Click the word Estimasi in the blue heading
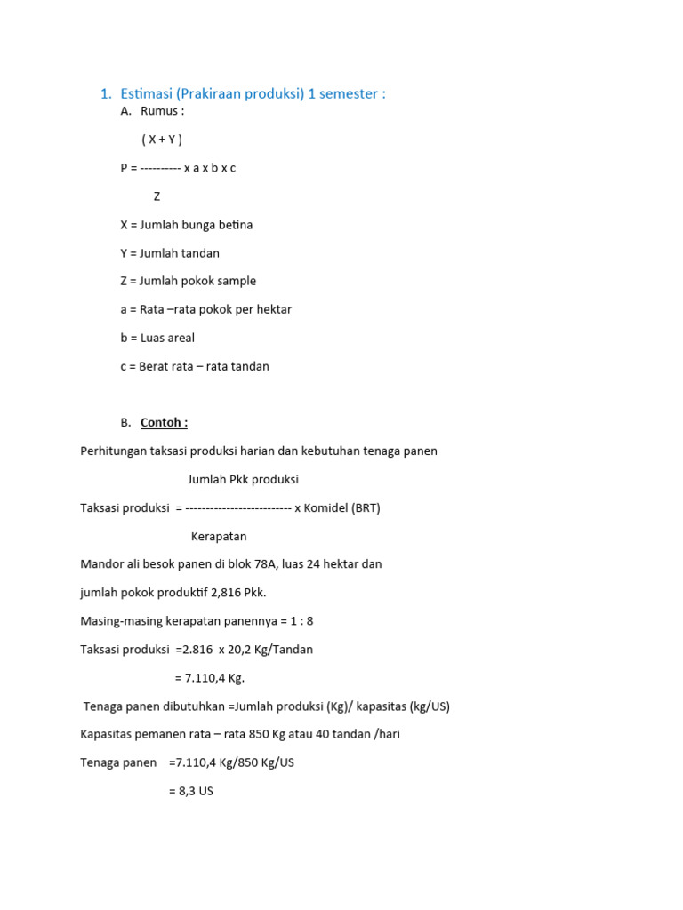click(147, 93)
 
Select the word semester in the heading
click(350, 93)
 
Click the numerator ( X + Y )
click(162, 140)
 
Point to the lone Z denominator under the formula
click(157, 196)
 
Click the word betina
click(236, 225)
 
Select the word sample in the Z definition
click(237, 281)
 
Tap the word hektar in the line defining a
click(273, 309)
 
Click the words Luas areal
click(167, 338)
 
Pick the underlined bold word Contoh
click(164, 422)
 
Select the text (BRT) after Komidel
click(366, 507)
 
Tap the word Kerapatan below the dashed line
click(219, 536)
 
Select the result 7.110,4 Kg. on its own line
click(209, 677)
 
